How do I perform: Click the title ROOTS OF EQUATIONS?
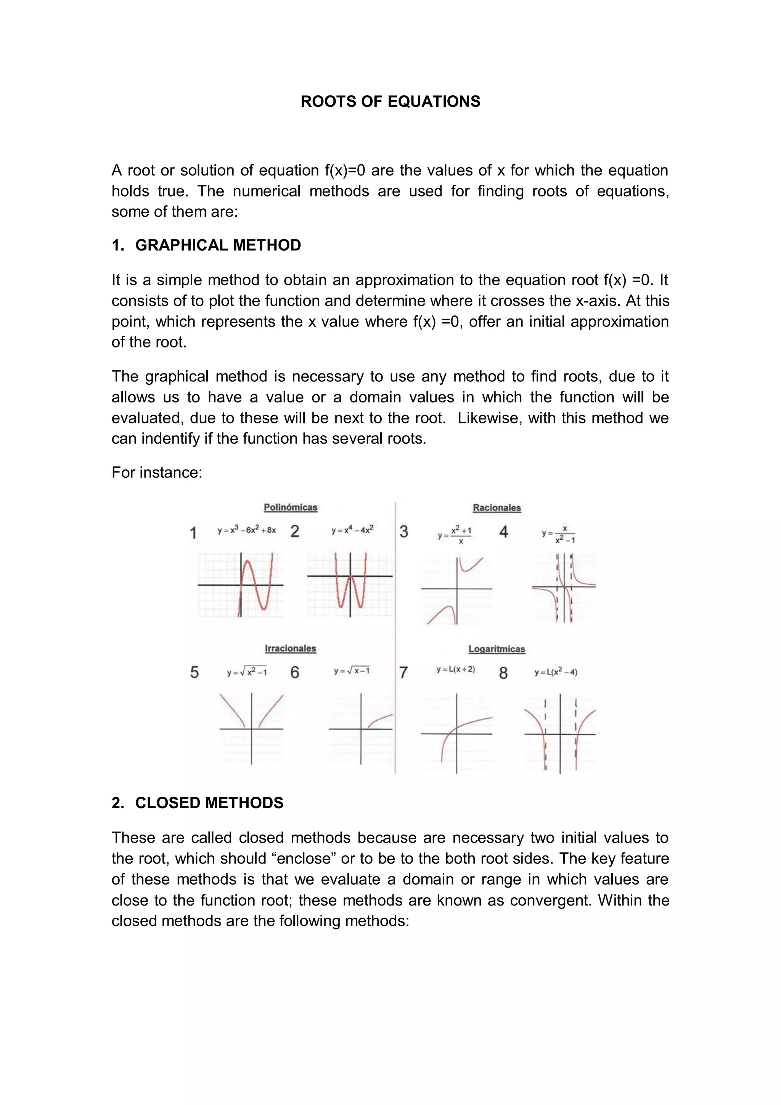pos(390,101)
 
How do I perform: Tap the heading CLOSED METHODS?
pos(209,803)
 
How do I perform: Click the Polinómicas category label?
pos(290,507)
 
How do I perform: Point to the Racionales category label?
pos(497,508)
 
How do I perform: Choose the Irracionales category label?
pos(290,648)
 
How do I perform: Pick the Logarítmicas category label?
pos(497,649)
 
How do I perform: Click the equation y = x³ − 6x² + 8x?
pos(246,530)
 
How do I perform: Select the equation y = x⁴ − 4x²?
pos(352,530)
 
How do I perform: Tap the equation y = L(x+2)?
pos(455,669)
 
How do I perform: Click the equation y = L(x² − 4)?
pos(555,672)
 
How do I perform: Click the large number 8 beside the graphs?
pos(503,673)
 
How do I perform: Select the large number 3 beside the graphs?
pos(404,532)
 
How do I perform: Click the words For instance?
pos(157,473)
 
